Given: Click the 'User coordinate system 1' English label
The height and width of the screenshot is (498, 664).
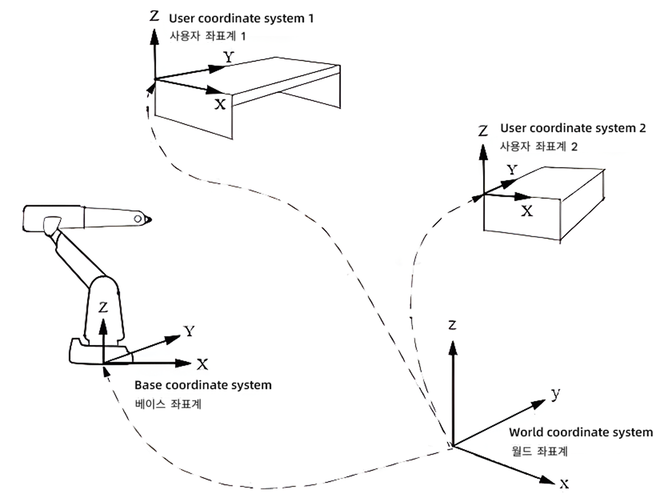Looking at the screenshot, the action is pyautogui.click(x=241, y=19).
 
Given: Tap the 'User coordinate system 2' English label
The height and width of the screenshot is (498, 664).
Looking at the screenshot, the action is pyautogui.click(x=573, y=128).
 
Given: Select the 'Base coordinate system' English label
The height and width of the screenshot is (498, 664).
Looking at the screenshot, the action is pyautogui.click(x=203, y=385).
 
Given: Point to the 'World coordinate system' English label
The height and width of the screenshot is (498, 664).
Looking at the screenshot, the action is pyautogui.click(x=581, y=432).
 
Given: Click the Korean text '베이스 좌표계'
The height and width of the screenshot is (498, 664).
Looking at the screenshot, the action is pyautogui.click(x=168, y=404).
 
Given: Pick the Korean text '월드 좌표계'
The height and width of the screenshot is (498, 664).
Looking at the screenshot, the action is pyautogui.click(x=539, y=451).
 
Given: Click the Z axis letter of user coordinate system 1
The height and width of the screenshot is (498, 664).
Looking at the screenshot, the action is pyautogui.click(x=154, y=15).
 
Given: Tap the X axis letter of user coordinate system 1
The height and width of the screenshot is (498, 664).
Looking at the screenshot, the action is pyautogui.click(x=220, y=105).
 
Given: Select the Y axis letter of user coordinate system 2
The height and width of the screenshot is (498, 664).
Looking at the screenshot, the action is pyautogui.click(x=512, y=170).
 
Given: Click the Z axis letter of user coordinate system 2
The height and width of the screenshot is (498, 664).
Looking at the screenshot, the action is pyautogui.click(x=483, y=130).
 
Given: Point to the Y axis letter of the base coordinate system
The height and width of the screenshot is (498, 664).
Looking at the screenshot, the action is pyautogui.click(x=189, y=331).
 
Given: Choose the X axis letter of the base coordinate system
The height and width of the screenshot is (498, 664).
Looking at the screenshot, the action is pyautogui.click(x=202, y=364).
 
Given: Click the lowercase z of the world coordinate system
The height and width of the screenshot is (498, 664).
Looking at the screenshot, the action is pyautogui.click(x=452, y=325).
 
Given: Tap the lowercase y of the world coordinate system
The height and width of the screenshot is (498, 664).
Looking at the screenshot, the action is pyautogui.click(x=556, y=394).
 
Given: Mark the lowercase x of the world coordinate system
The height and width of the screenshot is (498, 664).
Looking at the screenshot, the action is pyautogui.click(x=564, y=484).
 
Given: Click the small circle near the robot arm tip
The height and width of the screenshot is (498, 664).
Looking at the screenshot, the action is pyautogui.click(x=138, y=219).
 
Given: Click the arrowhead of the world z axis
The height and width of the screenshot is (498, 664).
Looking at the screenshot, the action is pyautogui.click(x=453, y=348).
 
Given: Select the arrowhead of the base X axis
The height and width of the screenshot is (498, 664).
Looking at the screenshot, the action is pyautogui.click(x=183, y=363).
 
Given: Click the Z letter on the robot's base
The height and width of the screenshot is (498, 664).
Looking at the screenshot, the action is pyautogui.click(x=103, y=307).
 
